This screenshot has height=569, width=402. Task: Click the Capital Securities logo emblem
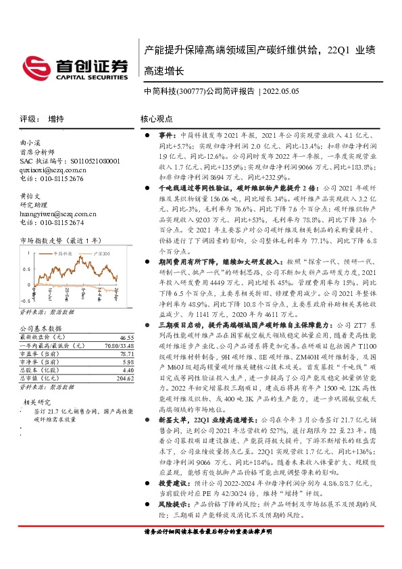[43, 66]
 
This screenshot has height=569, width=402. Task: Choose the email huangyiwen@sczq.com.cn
[57, 214]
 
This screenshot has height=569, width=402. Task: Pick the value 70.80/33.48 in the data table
[120, 345]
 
